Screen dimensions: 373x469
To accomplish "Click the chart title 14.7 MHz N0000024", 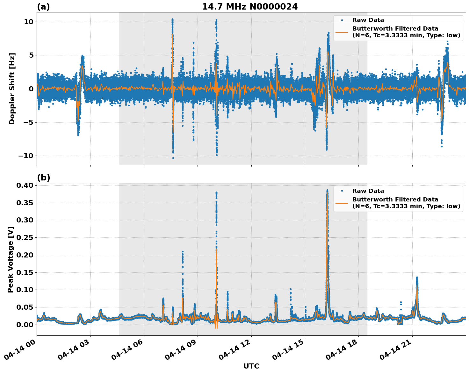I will coord(250,7).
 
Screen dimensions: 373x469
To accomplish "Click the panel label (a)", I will coord(43,7).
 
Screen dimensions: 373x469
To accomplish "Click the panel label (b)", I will coord(43,178).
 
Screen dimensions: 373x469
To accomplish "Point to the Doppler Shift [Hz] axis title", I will coord(12,88).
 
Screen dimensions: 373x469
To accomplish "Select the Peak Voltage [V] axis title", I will coord(11,259).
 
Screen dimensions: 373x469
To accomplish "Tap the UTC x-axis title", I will coord(251,366).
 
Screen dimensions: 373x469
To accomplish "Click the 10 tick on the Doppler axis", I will coord(29,22).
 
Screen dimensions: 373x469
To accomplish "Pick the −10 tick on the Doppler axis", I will coord(25,156).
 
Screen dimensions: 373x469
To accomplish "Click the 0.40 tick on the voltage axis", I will coord(25,185).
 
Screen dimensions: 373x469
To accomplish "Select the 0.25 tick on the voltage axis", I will coord(25,237).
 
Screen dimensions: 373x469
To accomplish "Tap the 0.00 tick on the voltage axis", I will coord(25,325).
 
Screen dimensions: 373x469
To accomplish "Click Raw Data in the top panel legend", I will coord(368,20).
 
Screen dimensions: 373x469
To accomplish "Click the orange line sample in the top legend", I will coord(342,32).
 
